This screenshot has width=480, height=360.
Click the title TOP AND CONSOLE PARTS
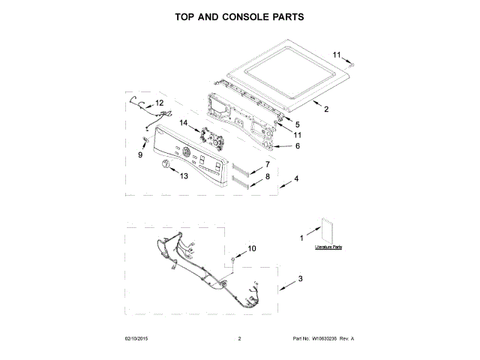coord(240,16)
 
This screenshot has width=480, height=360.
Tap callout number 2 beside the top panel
coord(326,109)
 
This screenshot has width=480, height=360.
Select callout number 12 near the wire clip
coord(159,103)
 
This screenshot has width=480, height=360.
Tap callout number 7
coord(266,164)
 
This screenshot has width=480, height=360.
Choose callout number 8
coord(266,177)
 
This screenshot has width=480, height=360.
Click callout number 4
coord(297,179)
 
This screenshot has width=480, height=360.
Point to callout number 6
coord(297,145)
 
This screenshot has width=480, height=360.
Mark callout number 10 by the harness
coord(251,248)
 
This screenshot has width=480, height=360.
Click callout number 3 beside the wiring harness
coord(301,280)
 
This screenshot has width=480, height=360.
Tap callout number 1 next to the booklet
coord(302,238)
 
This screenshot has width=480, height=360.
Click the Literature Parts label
coord(328,247)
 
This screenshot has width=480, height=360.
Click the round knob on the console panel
coord(167,164)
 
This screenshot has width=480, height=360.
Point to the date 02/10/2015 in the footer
coord(136,338)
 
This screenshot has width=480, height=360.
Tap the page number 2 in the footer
coord(238,338)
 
